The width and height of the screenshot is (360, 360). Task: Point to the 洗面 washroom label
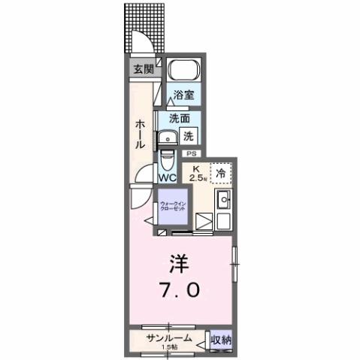tap(178, 118)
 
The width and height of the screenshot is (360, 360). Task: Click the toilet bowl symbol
tap(167, 162)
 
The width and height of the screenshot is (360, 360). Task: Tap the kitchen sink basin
tap(223, 201)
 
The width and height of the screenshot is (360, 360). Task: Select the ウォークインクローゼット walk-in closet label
tap(176, 207)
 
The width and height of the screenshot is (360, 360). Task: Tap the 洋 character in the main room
tap(178, 264)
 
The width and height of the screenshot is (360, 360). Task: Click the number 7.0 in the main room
tap(179, 289)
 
